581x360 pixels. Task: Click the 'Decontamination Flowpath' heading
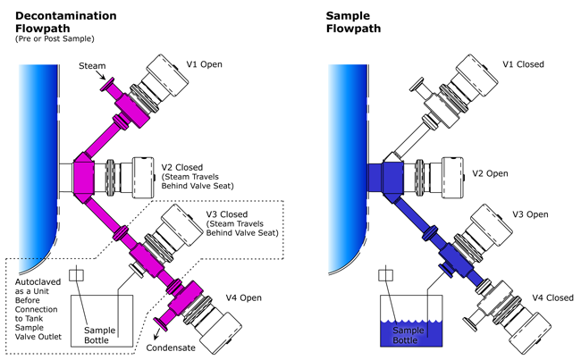[65, 21]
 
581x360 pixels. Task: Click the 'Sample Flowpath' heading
[353, 21]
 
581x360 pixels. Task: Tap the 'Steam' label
[92, 66]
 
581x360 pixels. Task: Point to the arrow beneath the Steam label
[101, 75]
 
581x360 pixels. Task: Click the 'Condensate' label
[171, 347]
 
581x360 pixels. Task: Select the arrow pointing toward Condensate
[156, 334]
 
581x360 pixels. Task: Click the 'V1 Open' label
[204, 64]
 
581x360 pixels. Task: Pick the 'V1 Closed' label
[523, 64]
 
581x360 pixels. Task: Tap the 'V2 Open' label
[490, 173]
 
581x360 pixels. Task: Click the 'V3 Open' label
[530, 214]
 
